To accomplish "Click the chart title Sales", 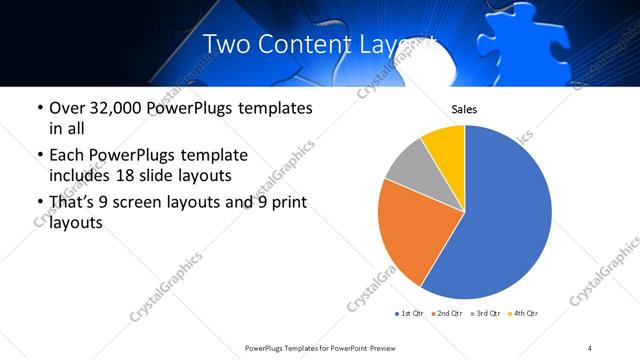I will click(x=464, y=108).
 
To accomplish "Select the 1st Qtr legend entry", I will click(x=409, y=313).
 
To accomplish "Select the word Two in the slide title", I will click(x=227, y=43).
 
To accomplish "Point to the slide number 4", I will click(x=590, y=347).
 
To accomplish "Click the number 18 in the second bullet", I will click(x=133, y=176).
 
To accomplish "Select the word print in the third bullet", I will click(x=284, y=203).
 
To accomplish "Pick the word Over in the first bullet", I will click(x=68, y=108).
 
